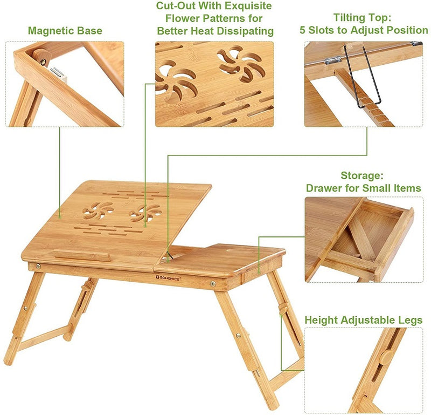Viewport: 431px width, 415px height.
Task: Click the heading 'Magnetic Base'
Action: click(65, 31)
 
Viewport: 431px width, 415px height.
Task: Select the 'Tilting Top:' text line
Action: click(362, 18)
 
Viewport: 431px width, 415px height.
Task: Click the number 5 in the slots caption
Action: click(302, 30)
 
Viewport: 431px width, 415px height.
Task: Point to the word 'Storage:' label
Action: click(362, 175)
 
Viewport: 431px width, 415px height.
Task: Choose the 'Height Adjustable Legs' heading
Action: click(363, 320)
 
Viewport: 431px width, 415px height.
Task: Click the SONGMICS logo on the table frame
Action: click(168, 278)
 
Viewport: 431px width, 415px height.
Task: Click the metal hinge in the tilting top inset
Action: click(332, 60)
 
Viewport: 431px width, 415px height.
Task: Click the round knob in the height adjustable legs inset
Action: click(386, 357)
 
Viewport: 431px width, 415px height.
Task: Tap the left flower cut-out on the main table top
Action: click(98, 210)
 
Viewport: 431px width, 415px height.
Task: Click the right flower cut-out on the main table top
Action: click(145, 213)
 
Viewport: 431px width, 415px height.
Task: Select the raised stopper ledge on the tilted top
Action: click(82, 255)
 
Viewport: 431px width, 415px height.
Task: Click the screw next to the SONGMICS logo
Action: click(213, 283)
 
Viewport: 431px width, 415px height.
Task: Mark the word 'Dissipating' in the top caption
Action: click(245, 31)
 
